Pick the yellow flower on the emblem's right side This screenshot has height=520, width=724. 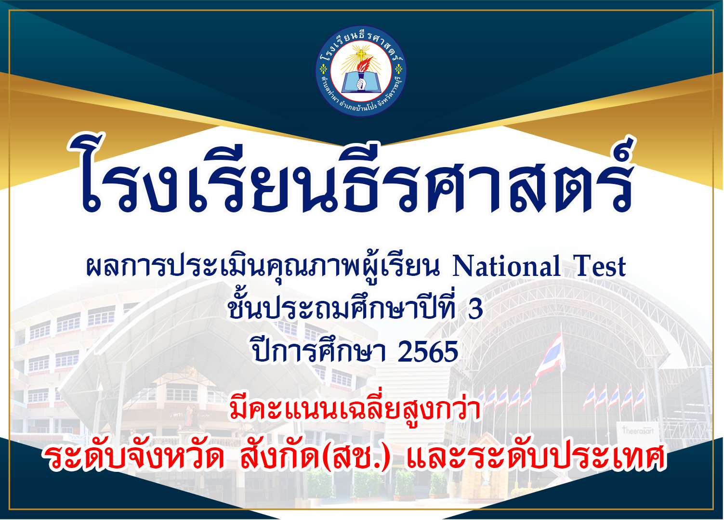point(399,69)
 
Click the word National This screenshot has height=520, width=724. point(506,266)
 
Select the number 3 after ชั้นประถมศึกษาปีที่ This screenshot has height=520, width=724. point(475,309)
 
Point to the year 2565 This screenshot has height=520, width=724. point(428,352)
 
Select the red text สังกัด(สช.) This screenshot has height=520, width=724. point(315,457)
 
